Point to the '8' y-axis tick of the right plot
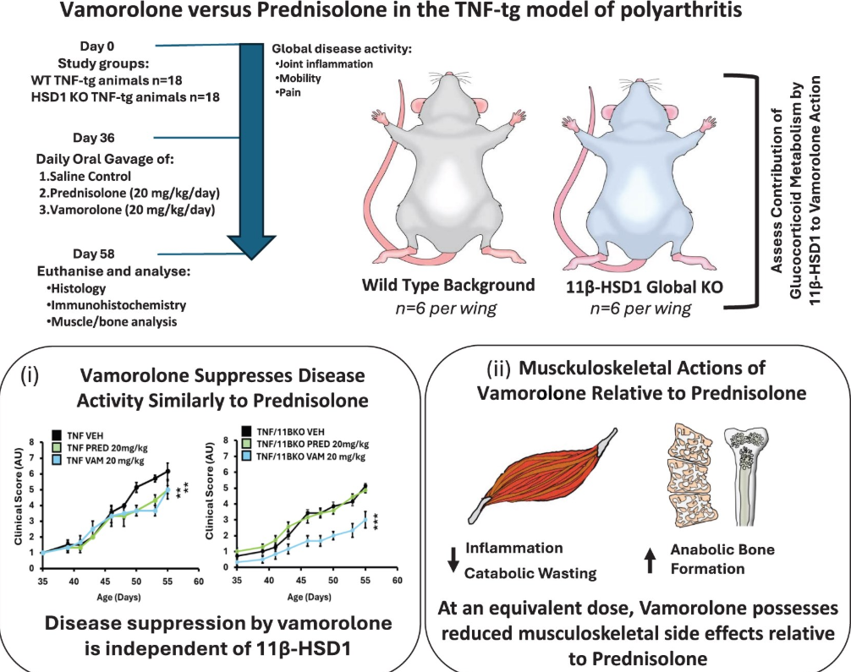click(x=229, y=440)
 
